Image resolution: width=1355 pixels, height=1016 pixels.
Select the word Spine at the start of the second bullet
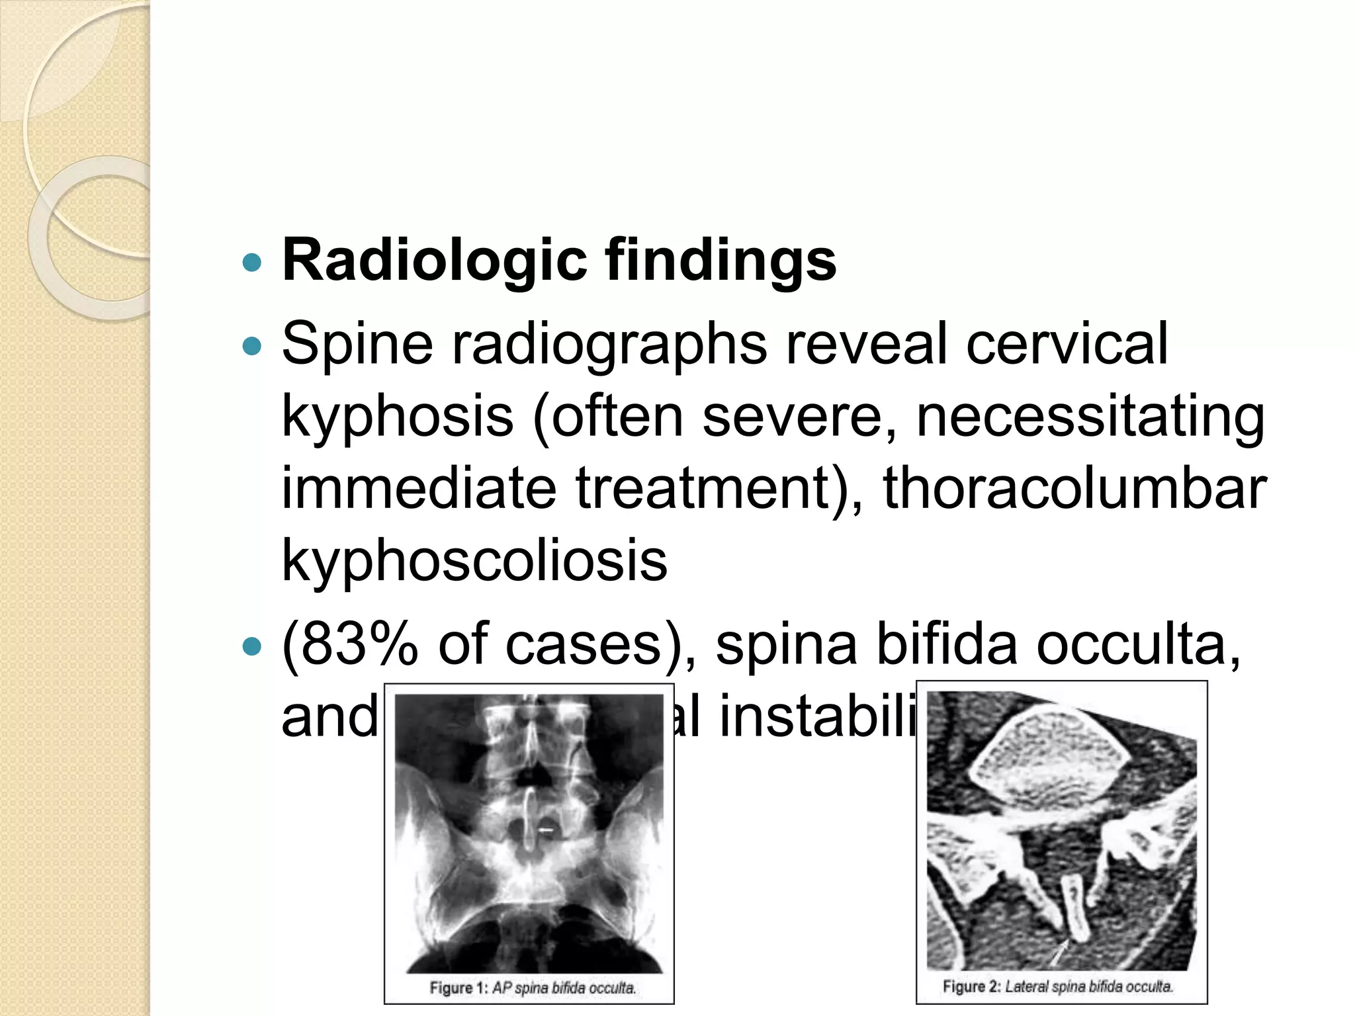point(357,343)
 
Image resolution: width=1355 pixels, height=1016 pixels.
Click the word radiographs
point(609,343)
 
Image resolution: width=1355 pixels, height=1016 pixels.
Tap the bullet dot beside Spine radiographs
point(252,345)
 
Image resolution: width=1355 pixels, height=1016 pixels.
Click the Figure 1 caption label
point(459,988)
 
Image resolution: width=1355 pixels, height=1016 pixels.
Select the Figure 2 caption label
point(971,987)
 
